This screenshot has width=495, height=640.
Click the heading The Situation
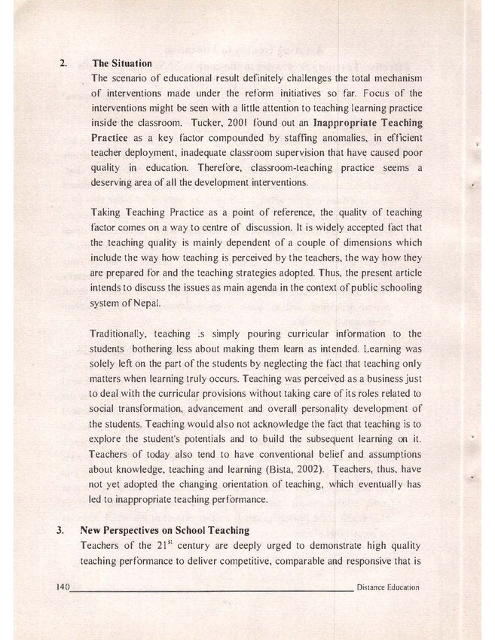122,62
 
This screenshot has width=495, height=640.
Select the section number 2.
62,62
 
